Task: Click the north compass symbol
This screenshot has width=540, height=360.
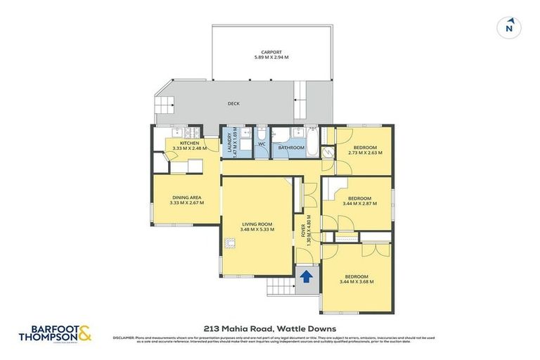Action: tap(509, 28)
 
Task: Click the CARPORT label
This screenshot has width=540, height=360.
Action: tap(271, 52)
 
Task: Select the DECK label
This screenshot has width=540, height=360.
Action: tap(233, 103)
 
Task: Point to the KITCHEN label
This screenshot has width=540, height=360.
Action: tap(190, 143)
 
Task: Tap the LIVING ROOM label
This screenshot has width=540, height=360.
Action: tap(257, 224)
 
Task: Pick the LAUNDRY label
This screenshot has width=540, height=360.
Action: tap(229, 143)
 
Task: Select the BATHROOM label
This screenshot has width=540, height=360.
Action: tap(290, 148)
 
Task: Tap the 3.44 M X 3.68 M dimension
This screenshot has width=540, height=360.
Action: tap(356, 281)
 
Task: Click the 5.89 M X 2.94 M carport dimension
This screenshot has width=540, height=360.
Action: tap(271, 58)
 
